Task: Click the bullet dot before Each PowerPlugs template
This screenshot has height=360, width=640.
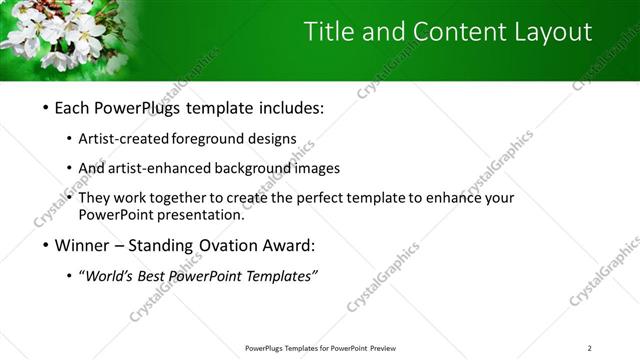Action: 47,109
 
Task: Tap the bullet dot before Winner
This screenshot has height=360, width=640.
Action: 47,244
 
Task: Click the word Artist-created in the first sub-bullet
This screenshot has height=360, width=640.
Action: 131,139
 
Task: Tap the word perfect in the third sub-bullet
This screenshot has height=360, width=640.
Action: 306,198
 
